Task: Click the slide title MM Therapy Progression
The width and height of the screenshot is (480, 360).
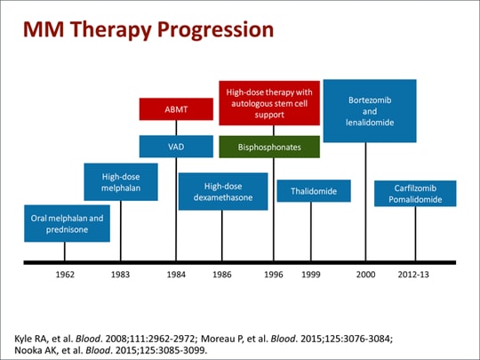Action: pos(148,29)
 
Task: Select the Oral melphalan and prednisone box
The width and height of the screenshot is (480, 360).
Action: pos(67,223)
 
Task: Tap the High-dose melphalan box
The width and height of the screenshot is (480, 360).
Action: pos(120,182)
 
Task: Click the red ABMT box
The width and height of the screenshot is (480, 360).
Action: pos(176,110)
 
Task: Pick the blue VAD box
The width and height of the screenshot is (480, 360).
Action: pos(176,146)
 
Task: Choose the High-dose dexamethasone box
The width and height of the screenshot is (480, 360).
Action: pos(222,192)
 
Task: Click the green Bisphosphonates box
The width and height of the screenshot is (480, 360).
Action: pos(269,147)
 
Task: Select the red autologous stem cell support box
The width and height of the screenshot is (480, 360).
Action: pos(269,102)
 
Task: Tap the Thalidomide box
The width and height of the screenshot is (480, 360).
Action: pos(313,191)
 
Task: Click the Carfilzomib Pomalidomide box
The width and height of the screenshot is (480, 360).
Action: pos(414,194)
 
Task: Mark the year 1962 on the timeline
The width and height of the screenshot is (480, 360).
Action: pos(65,276)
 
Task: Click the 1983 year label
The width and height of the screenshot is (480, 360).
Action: pos(120,276)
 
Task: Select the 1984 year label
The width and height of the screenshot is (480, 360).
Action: pos(176,276)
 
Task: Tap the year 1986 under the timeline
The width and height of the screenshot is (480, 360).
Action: pos(222,276)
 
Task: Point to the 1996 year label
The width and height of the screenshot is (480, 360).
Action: pos(273,276)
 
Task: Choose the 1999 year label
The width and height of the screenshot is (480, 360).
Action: pos(310,276)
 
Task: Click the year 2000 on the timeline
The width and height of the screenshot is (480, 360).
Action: pos(365,276)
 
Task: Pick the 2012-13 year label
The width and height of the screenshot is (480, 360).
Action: pos(413,276)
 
